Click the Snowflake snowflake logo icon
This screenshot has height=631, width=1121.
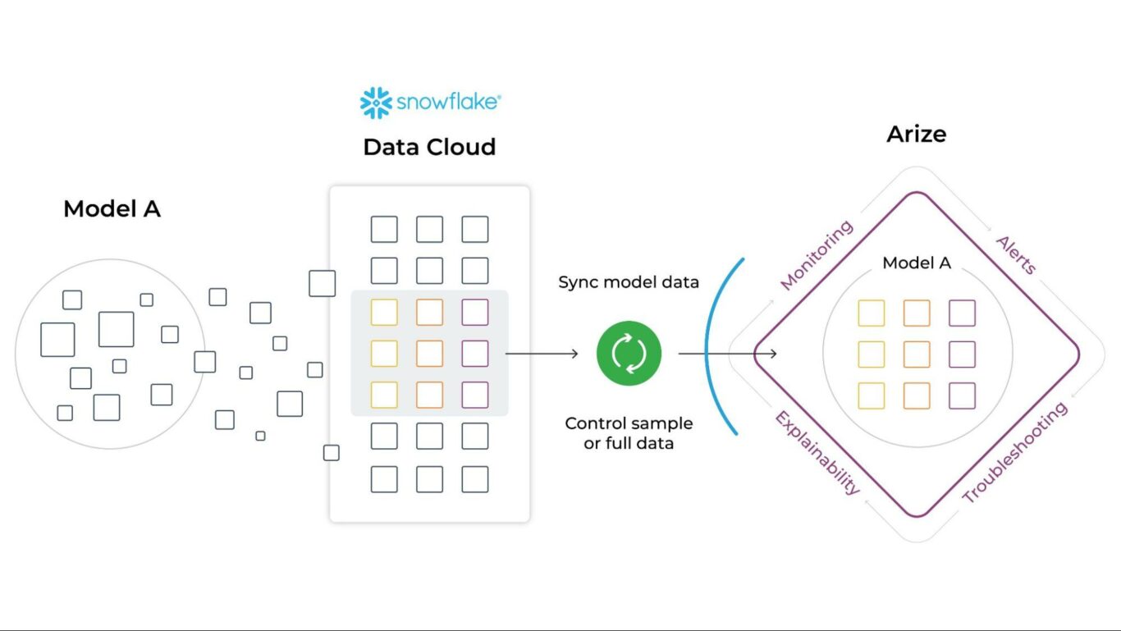376,103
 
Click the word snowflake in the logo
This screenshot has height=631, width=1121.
447,103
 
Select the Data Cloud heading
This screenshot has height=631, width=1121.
429,147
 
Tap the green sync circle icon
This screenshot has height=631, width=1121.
629,354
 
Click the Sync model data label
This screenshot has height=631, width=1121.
629,282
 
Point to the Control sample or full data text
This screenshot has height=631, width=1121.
629,433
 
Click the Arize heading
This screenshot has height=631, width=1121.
916,134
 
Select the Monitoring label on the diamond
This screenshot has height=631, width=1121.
817,255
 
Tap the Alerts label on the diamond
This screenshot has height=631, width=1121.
1016,254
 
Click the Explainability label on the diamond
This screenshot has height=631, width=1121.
817,453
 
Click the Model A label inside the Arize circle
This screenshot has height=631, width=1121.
916,263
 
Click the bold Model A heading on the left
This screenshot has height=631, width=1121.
112,209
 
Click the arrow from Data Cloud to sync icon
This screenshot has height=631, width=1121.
542,354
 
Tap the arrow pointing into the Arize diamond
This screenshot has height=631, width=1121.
727,354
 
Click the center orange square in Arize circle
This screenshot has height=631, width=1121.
917,354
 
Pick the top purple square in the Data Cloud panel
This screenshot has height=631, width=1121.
474,312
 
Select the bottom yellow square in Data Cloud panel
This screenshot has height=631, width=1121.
384,395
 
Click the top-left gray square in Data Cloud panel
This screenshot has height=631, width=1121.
384,229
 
